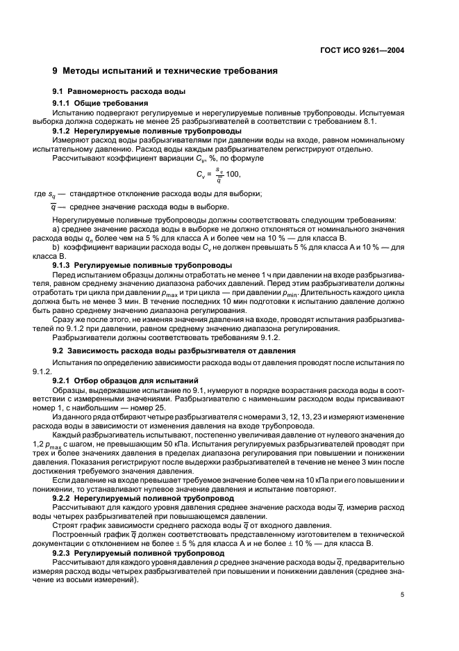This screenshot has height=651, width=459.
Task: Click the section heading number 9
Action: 56,71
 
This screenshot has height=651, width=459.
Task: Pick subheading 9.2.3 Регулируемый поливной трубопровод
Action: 140,552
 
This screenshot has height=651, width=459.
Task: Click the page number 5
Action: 402,595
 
